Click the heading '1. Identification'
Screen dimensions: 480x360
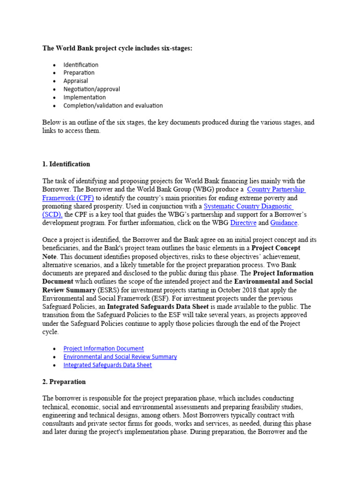[x=66, y=164]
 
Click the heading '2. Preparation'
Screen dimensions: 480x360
[x=64, y=382]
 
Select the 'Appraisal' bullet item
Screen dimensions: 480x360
[x=75, y=81]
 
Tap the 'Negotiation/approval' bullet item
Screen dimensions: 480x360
[x=91, y=89]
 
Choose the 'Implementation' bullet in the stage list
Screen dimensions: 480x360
[x=84, y=97]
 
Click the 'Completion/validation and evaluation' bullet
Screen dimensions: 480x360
[x=113, y=105]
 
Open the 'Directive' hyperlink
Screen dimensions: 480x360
[x=243, y=223]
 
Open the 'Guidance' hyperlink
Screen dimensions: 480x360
[x=284, y=223]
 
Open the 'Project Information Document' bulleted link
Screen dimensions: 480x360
[x=104, y=348]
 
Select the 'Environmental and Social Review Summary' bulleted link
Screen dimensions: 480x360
[x=120, y=357]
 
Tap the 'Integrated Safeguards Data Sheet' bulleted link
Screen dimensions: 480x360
[x=107, y=365]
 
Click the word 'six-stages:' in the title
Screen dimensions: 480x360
[x=174, y=48]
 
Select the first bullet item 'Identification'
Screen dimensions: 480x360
[x=81, y=65]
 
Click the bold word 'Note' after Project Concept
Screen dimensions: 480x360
[x=51, y=256]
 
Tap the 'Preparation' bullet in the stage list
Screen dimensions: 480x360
[x=79, y=73]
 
